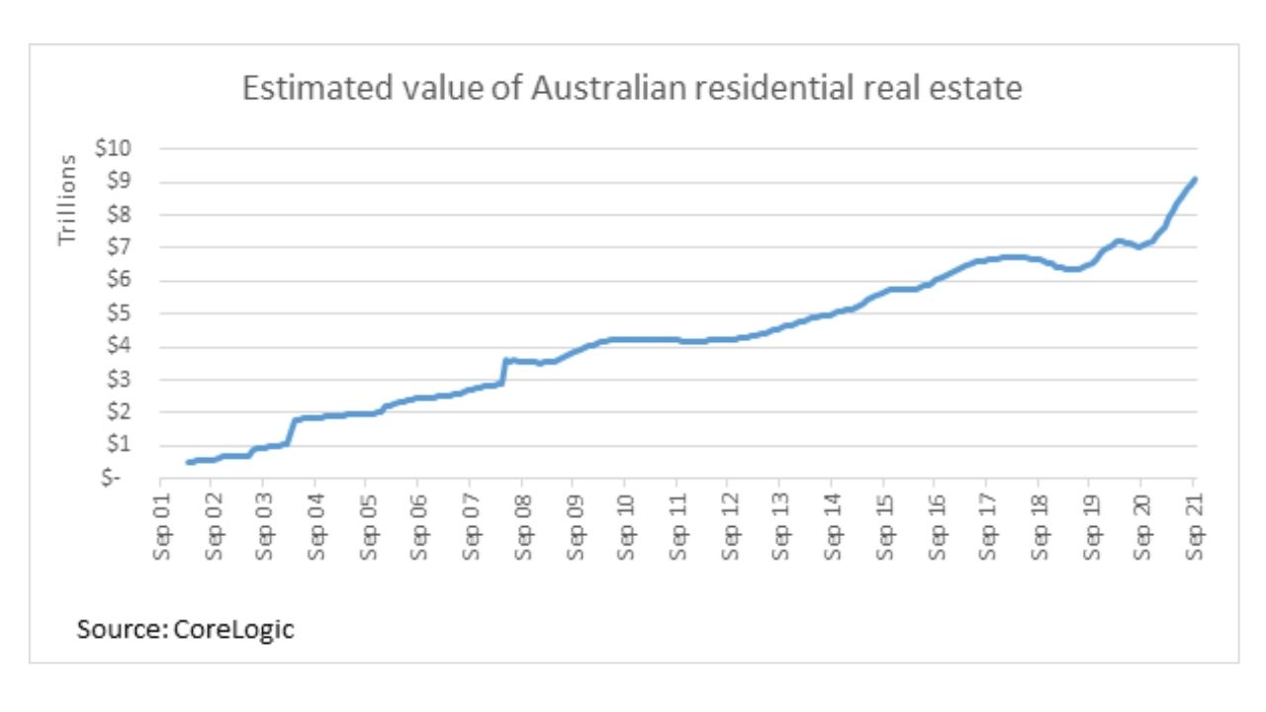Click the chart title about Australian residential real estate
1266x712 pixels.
click(632, 89)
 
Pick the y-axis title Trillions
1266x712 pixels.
click(67, 200)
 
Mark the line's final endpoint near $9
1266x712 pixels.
click(1195, 179)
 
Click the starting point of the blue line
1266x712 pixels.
click(188, 462)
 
